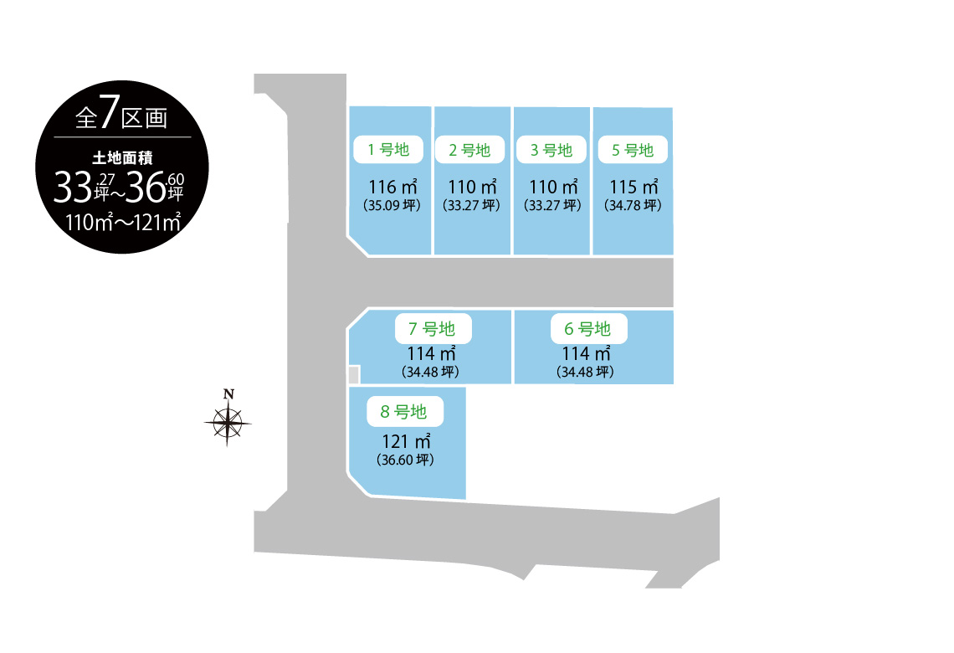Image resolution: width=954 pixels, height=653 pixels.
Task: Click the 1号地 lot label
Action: tap(388, 150)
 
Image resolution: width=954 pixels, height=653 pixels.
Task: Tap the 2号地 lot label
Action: tap(469, 150)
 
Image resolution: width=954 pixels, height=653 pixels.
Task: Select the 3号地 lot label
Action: tap(551, 150)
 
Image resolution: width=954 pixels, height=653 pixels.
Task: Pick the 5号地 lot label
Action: tap(633, 150)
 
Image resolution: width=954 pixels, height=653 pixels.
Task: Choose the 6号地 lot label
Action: tap(588, 329)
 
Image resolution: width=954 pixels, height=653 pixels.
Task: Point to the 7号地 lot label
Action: tap(433, 329)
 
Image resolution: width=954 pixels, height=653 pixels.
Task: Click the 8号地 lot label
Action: tap(404, 411)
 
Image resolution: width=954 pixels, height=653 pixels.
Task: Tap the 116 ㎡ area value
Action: tap(393, 187)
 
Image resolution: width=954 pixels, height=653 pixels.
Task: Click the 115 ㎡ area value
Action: tap(634, 187)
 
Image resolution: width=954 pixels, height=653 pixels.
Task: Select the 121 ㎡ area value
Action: tap(407, 441)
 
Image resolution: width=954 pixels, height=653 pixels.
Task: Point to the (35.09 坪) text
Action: tap(392, 206)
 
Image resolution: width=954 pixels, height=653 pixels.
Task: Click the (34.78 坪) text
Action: tap(633, 206)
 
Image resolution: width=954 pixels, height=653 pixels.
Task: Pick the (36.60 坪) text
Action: tap(405, 460)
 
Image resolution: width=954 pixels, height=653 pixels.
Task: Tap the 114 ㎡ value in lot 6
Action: tap(587, 353)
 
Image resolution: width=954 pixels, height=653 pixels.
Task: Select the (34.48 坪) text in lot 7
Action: tap(430, 372)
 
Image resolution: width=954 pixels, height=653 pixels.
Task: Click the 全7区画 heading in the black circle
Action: tap(121, 113)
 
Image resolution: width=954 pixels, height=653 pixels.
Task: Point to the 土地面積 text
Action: tap(122, 158)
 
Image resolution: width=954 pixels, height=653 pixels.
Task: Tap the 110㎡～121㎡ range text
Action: tap(123, 223)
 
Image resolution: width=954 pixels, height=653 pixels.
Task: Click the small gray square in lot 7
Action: tap(353, 374)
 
